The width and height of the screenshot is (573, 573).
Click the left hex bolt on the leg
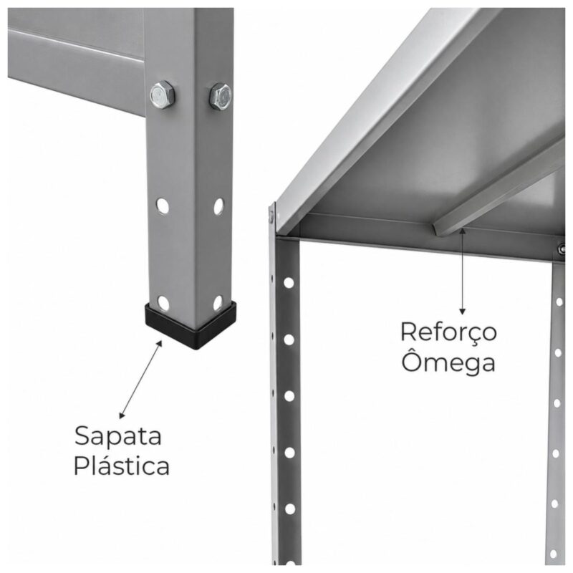click(163, 95)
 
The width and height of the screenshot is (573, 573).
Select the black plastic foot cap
click(191, 325)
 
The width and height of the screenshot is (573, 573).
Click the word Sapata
click(118, 436)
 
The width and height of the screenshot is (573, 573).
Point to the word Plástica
click(121, 465)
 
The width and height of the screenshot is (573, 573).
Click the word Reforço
click(448, 332)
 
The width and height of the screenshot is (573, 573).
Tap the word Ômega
click(448, 361)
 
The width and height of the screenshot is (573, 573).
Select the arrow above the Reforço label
click(463, 271)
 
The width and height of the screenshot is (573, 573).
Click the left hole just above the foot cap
click(163, 303)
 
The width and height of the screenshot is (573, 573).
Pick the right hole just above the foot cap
click(218, 302)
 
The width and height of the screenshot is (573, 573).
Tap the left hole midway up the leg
click(163, 206)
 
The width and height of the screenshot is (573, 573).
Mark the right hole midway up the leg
click(218, 206)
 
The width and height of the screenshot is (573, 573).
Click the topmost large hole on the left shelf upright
click(289, 283)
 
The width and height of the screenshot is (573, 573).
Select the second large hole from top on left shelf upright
click(289, 340)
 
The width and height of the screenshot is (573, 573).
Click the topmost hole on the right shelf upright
click(559, 302)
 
